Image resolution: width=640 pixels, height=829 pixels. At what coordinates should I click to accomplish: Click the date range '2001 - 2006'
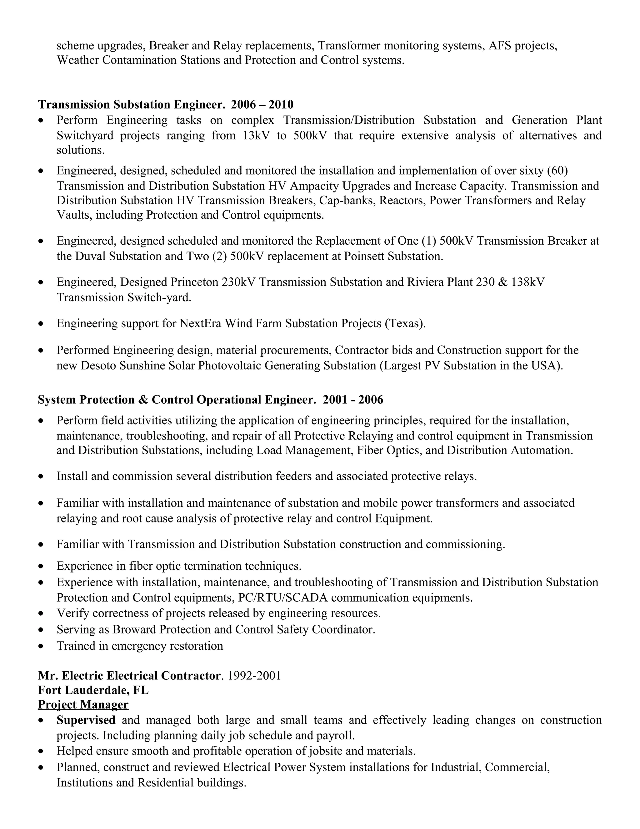(353, 400)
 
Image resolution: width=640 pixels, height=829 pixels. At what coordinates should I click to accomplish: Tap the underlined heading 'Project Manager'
(83, 704)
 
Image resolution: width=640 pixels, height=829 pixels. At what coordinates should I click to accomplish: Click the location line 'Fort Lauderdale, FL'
(93, 690)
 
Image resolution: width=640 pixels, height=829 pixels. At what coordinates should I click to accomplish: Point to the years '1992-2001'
(254, 676)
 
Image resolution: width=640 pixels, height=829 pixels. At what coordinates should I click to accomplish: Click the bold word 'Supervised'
(86, 720)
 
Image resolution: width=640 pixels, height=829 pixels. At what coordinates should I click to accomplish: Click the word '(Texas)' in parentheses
(405, 323)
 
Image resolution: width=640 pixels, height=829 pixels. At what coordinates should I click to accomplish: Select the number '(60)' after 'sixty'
(557, 171)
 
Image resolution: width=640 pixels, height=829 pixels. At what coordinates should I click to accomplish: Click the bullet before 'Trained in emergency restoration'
(41, 646)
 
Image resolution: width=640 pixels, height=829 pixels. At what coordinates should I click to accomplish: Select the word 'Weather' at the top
(78, 60)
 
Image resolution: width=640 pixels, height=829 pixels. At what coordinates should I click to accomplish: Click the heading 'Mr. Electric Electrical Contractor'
(129, 676)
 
